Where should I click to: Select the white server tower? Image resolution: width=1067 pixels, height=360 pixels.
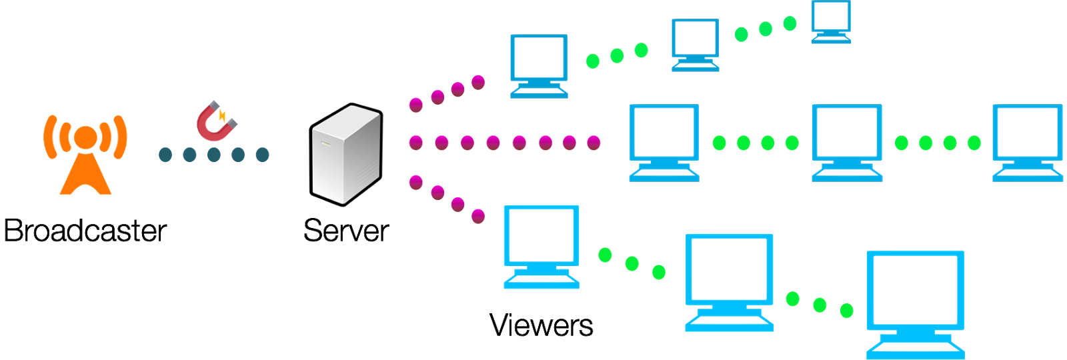coord(345,154)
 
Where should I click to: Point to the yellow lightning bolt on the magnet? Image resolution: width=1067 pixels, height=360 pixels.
coord(222,116)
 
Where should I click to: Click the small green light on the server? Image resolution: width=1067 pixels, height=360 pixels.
coord(325,143)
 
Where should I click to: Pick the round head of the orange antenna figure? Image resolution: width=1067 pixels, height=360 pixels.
coord(85,137)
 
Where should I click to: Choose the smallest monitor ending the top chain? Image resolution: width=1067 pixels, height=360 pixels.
coord(831,21)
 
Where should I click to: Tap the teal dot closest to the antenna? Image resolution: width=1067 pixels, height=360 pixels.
coord(165,155)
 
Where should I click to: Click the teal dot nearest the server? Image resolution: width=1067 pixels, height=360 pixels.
coord(262,155)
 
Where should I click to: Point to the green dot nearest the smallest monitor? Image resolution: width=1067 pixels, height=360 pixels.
coord(790,24)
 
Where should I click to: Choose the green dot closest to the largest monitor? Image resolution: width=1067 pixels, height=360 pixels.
coord(847,310)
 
